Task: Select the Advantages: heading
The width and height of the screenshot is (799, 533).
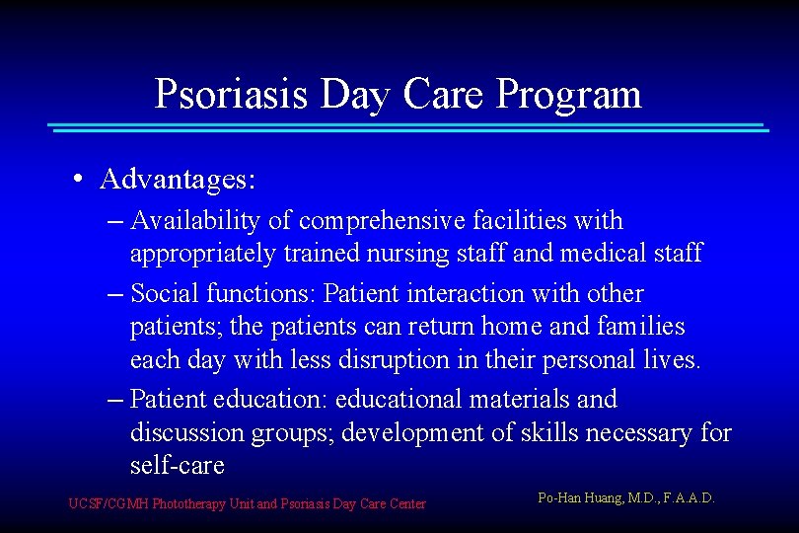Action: click(x=179, y=179)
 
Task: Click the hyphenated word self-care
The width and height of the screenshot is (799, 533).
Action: click(x=178, y=466)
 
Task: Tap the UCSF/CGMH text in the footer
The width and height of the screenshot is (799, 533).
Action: click(x=109, y=504)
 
